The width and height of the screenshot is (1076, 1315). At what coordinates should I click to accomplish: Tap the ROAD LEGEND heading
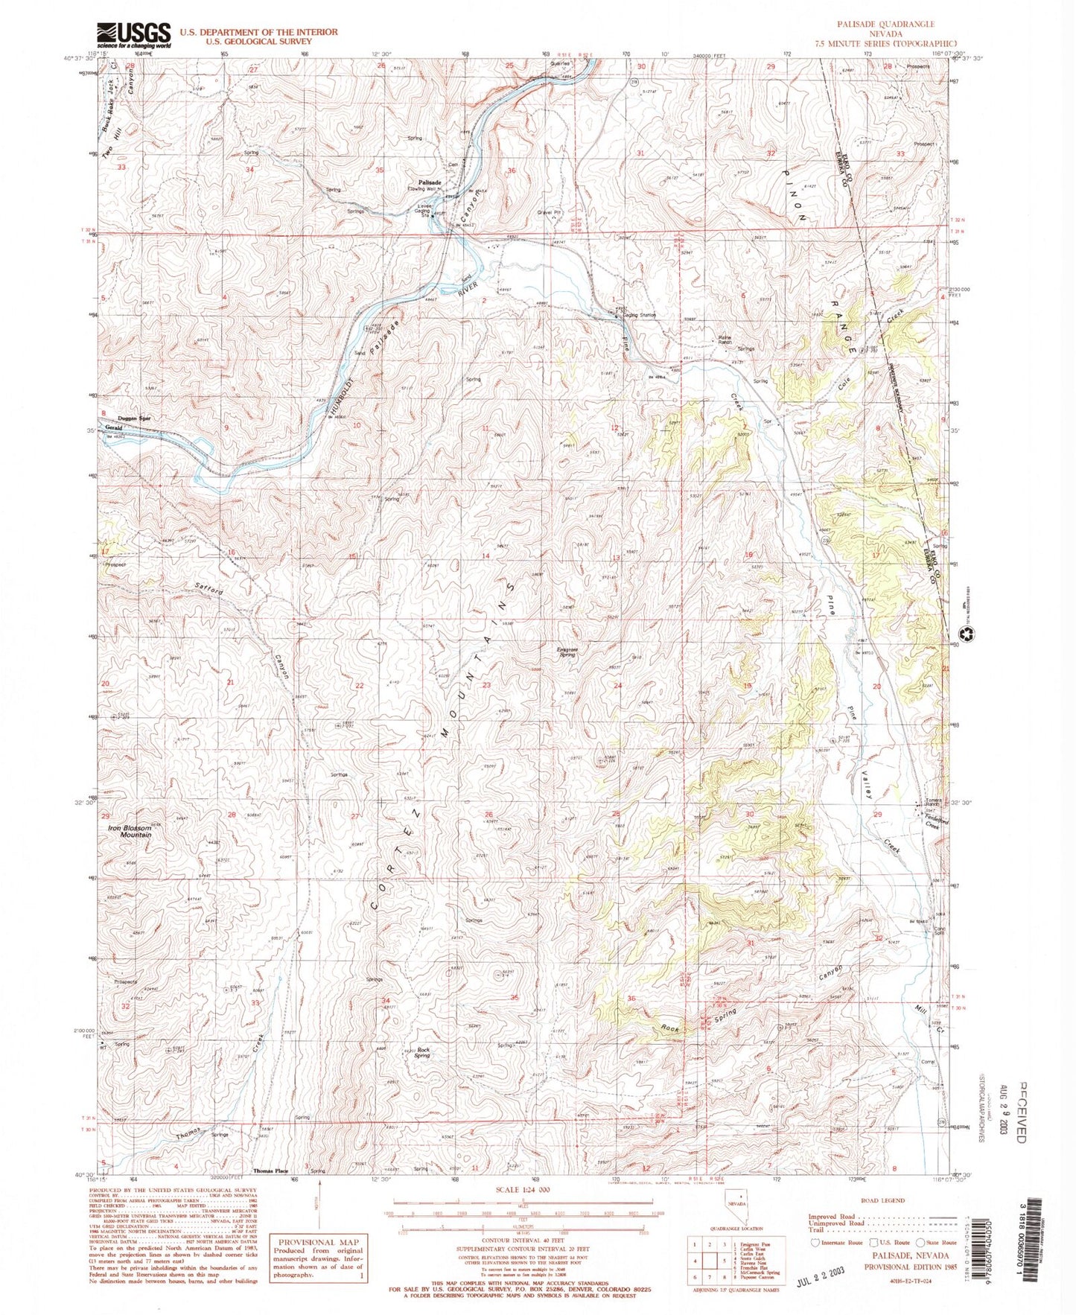tap(883, 1200)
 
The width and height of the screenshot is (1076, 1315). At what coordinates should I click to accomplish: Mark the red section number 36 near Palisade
tap(512, 171)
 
